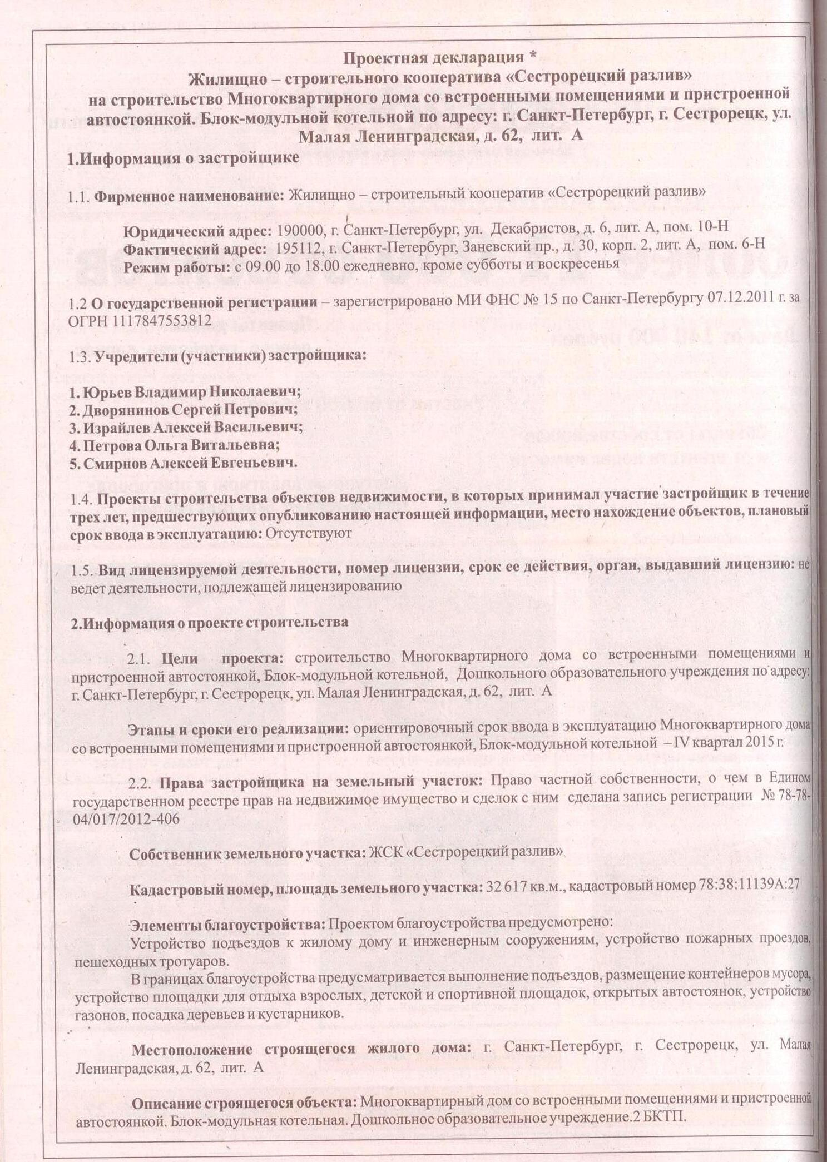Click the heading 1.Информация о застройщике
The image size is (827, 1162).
[183, 158]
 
